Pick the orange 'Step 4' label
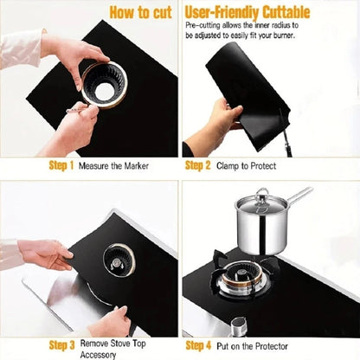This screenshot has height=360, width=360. [x=198, y=344]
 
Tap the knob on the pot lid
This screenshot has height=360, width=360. [x=260, y=193]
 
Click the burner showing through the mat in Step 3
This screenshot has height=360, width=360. [x=116, y=258]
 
